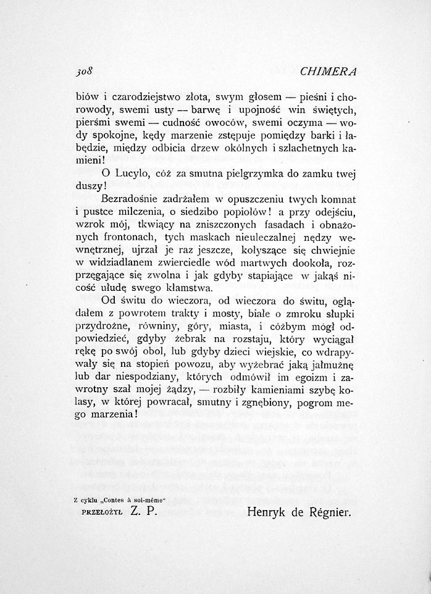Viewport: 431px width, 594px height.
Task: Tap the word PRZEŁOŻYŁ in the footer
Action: tap(99, 512)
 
